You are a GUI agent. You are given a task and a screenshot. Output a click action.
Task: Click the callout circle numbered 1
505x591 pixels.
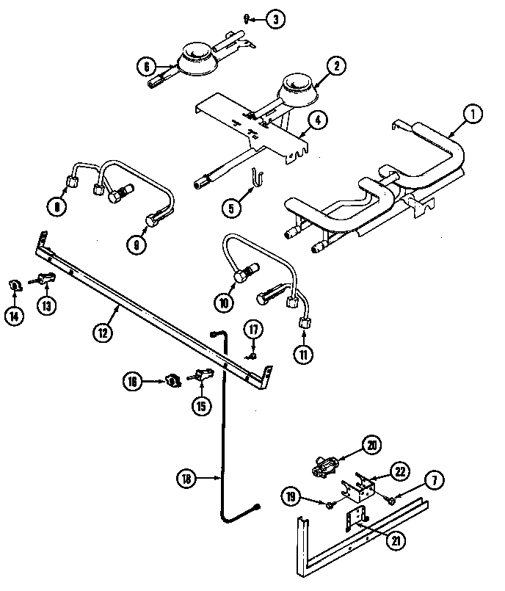point(473,114)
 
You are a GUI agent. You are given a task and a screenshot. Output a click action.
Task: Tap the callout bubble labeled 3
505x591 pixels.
point(274,20)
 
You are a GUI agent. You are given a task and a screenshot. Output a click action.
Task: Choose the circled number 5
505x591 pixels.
point(233,208)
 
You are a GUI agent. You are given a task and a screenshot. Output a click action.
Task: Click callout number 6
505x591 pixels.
point(146,66)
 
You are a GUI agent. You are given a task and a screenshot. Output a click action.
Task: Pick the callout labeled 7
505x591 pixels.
point(434,482)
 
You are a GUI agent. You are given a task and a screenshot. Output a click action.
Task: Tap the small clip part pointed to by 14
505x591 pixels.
point(14,284)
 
